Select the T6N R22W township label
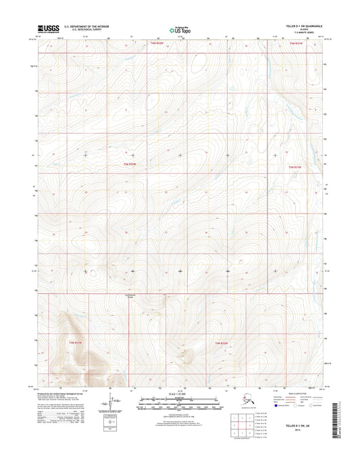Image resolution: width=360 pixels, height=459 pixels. [x=155, y=44]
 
